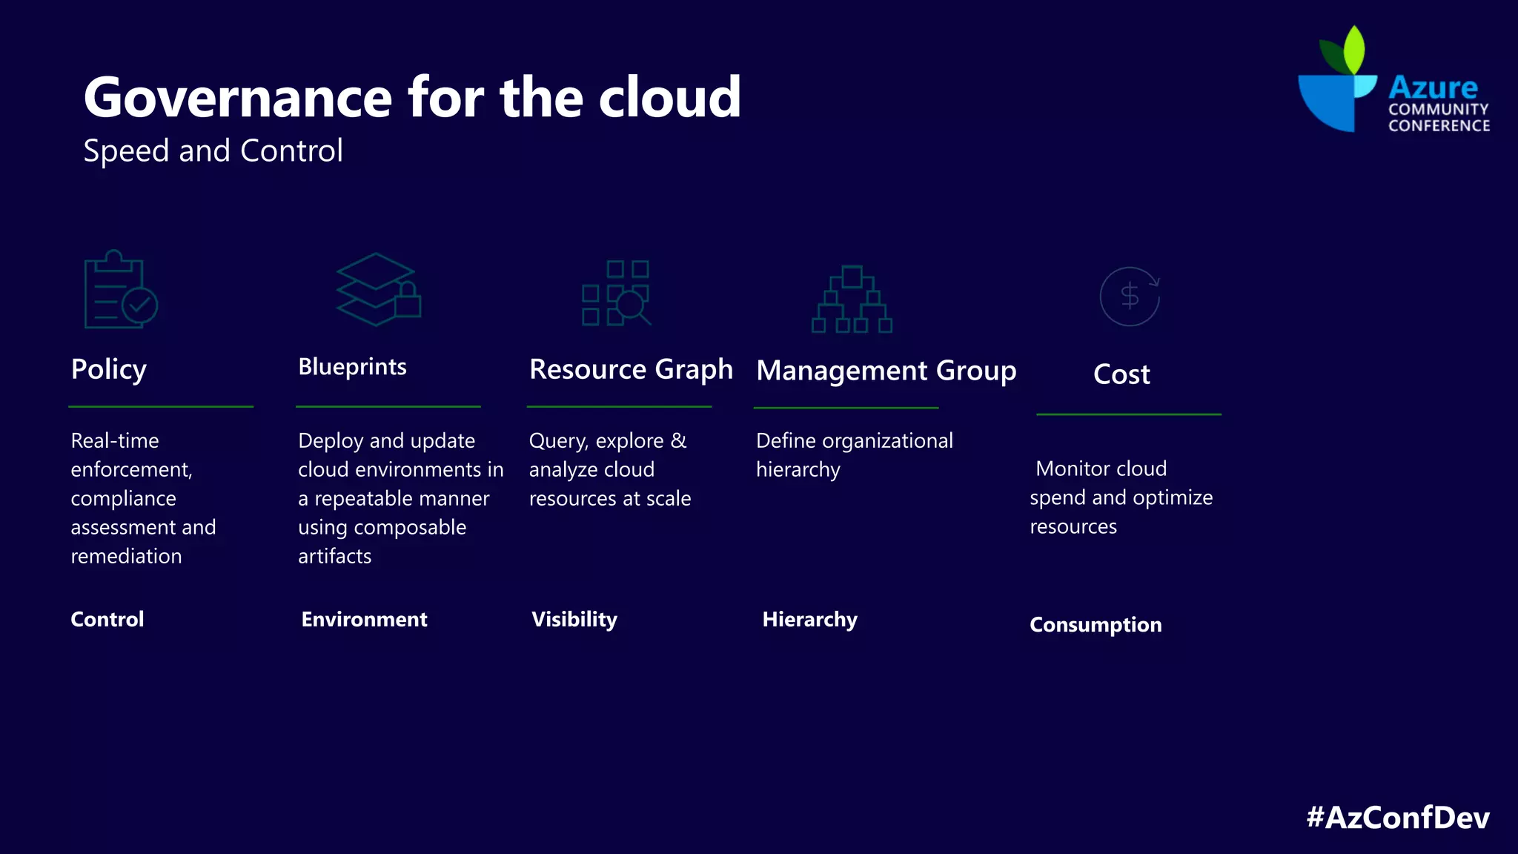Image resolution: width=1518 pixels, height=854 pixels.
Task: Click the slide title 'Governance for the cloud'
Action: tap(412, 97)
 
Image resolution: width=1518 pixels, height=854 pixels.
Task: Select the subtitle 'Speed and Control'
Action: tap(213, 150)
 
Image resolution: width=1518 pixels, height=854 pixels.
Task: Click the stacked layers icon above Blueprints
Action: tap(378, 289)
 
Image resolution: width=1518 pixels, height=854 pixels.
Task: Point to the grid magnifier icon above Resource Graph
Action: tap(616, 293)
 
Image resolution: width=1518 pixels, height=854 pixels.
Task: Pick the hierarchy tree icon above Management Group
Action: tap(852, 299)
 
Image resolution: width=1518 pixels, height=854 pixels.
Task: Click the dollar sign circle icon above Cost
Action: tap(1130, 297)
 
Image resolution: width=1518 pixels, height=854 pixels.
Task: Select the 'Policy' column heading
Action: tap(109, 368)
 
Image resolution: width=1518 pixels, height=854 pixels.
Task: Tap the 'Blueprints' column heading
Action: tap(352, 366)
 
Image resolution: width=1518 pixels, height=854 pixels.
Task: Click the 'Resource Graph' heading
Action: tap(631, 369)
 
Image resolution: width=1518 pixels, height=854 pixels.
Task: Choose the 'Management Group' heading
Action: tap(886, 370)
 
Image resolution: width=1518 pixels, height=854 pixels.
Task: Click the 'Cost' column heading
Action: tap(1121, 374)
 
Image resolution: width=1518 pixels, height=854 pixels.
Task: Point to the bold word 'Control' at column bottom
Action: tap(107, 619)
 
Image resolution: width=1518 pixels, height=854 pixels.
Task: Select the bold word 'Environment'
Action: tap(364, 619)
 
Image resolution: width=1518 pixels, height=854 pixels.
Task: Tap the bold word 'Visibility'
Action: tap(574, 619)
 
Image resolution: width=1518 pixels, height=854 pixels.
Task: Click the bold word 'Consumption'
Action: tap(1096, 624)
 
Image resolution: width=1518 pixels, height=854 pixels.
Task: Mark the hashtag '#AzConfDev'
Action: tap(1397, 817)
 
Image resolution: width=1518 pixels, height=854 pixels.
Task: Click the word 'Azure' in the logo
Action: tap(1433, 87)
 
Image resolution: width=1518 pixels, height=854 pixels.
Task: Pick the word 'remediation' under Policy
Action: tap(126, 556)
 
